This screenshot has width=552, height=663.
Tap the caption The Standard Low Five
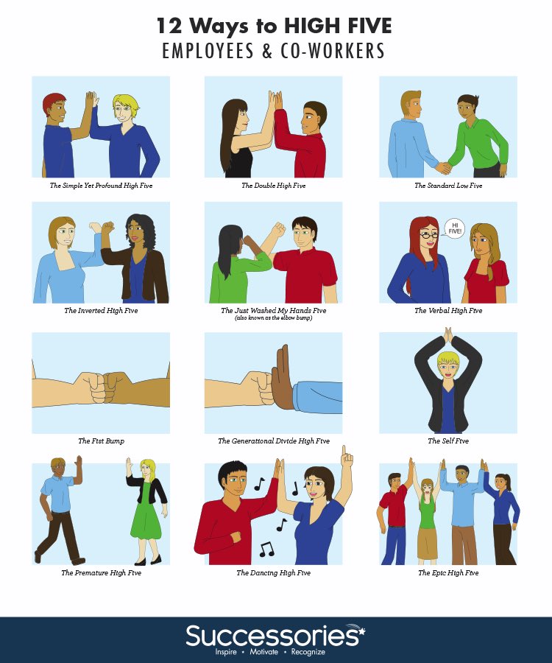[x=448, y=186]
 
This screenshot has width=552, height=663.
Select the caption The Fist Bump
[x=100, y=441]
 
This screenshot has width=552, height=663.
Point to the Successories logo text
[x=275, y=634]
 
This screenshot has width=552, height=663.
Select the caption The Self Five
[x=448, y=441]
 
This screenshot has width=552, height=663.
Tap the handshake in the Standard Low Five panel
[x=444, y=167]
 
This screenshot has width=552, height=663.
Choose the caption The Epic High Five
[x=448, y=572]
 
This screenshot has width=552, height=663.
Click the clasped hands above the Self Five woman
[x=447, y=335]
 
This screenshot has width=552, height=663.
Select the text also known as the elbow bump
[x=273, y=318]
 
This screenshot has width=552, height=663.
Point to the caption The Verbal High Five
[x=448, y=311]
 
